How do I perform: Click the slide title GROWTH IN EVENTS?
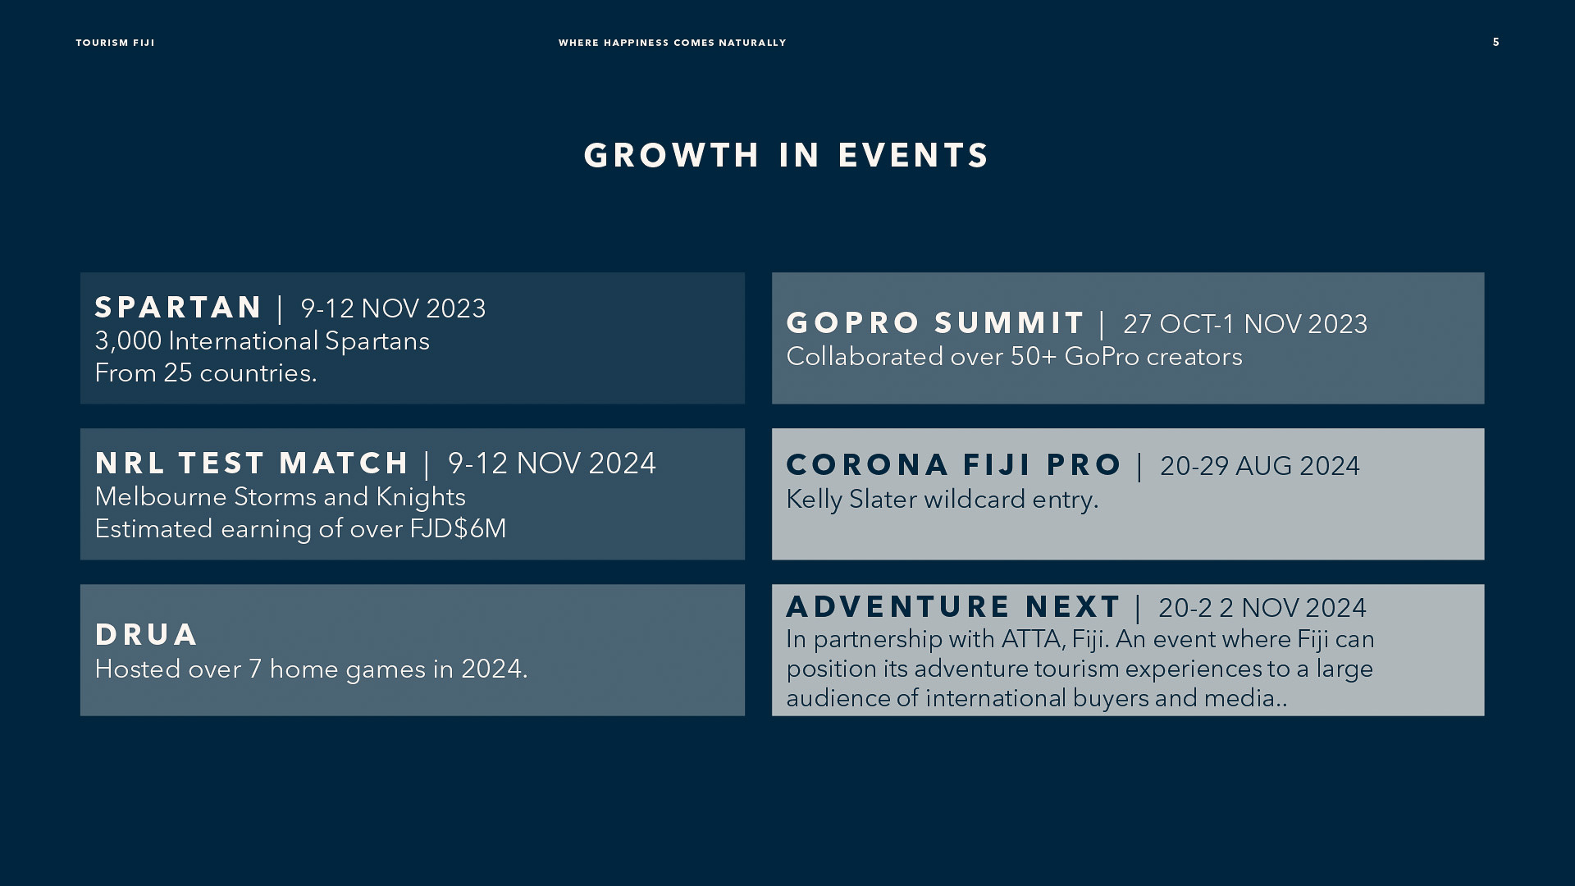tap(787, 156)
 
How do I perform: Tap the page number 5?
tap(1496, 42)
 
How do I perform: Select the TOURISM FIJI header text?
tap(115, 43)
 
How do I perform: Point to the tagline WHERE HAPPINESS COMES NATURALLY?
tap(672, 43)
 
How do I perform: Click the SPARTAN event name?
tap(178, 308)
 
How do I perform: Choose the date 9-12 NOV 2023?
tap(393, 308)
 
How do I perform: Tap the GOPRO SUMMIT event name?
tap(936, 323)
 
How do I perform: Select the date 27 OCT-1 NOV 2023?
tap(1245, 324)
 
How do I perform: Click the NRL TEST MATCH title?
tap(252, 464)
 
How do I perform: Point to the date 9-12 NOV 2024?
tap(552, 464)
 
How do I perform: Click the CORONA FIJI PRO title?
tap(954, 465)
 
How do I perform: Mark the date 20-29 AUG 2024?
tap(1260, 466)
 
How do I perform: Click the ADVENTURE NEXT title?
tap(953, 607)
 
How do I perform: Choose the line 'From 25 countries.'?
tap(206, 373)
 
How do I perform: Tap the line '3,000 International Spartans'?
tap(262, 341)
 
